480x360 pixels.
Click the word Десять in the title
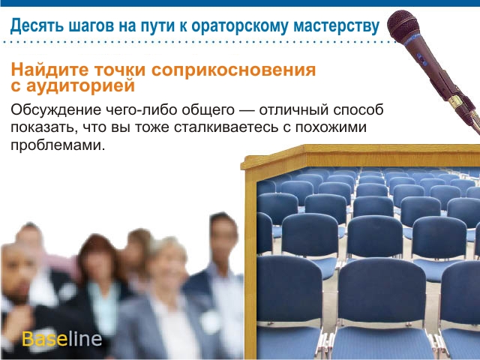pyautogui.click(x=37, y=26)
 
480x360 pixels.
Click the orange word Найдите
pyautogui.click(x=49, y=70)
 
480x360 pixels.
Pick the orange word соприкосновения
pyautogui.click(x=233, y=70)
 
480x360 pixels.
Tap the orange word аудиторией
pyautogui.click(x=80, y=85)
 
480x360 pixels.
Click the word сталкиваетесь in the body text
pyautogui.click(x=226, y=127)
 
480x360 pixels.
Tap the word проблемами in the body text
pyautogui.click(x=58, y=145)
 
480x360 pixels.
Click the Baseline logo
pyautogui.click(x=61, y=338)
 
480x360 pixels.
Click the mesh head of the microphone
pyautogui.click(x=403, y=27)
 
